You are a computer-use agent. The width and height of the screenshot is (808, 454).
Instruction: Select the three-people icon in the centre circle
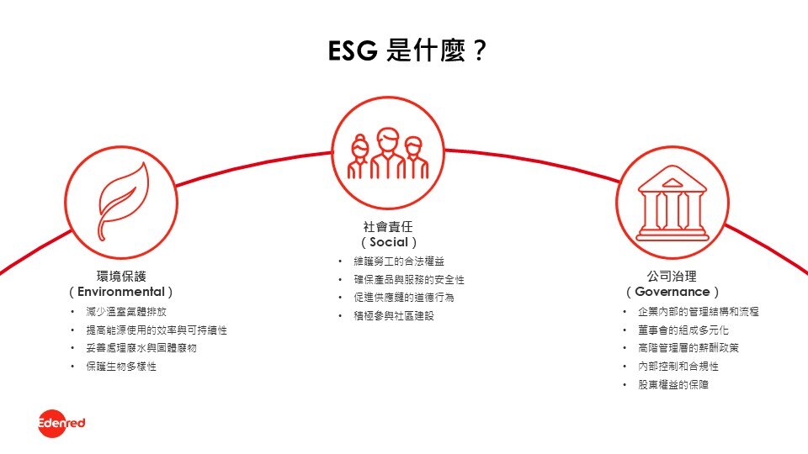(386, 156)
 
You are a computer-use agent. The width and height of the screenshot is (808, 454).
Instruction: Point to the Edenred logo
(61, 423)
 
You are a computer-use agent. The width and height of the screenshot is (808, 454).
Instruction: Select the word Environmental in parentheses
(121, 292)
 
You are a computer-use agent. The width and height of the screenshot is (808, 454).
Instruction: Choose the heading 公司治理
(672, 275)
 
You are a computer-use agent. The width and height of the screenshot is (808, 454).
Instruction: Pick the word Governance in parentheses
(672, 292)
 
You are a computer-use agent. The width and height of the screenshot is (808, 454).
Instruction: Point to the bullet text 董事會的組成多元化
(683, 330)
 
